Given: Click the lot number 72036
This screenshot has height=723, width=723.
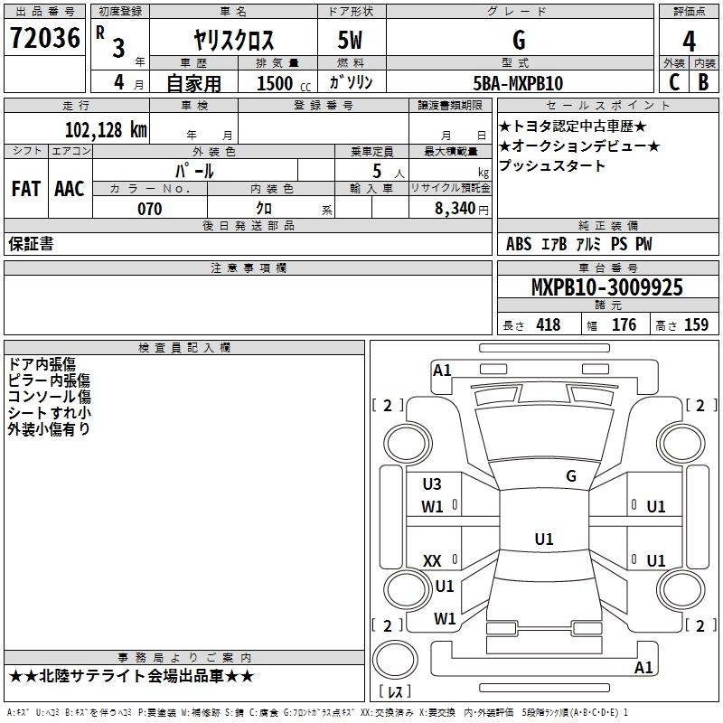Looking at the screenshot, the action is coord(45,38).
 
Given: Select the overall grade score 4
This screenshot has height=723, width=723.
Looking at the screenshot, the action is coord(689,42).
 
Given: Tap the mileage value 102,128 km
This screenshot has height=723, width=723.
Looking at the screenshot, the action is coord(106,130).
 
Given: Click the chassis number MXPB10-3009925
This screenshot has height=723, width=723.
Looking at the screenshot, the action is coord(606,287).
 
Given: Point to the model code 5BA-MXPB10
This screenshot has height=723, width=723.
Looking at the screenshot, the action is coord(518,83).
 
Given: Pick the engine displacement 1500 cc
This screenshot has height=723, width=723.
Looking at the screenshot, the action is coord(284,83).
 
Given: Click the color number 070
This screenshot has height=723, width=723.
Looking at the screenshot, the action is coord(150,209).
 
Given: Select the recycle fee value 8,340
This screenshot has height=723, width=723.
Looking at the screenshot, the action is coord(455,209).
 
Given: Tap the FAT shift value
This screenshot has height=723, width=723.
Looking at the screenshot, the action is coord(26,189).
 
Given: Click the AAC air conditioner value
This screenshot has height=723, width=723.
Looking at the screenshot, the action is coord(70,189).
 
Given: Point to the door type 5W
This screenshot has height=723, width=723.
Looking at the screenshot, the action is coord(350,40).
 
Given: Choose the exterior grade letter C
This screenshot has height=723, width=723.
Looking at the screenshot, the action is coord(674,82).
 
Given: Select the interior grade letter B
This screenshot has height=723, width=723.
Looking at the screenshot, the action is coord(703,82).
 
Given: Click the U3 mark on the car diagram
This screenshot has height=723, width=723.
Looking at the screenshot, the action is coord(432,484).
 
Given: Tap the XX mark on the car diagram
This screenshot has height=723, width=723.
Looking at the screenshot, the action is coord(432,560).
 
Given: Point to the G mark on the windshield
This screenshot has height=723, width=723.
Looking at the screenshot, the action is coord(571,476).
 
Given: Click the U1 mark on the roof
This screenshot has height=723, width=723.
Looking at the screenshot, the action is coord(544,539).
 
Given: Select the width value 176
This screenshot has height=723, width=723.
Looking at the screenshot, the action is coord(624,324).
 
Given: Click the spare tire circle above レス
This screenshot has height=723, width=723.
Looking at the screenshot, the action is coord(395,659).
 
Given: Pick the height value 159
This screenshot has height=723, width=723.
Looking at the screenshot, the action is coord(696,324).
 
